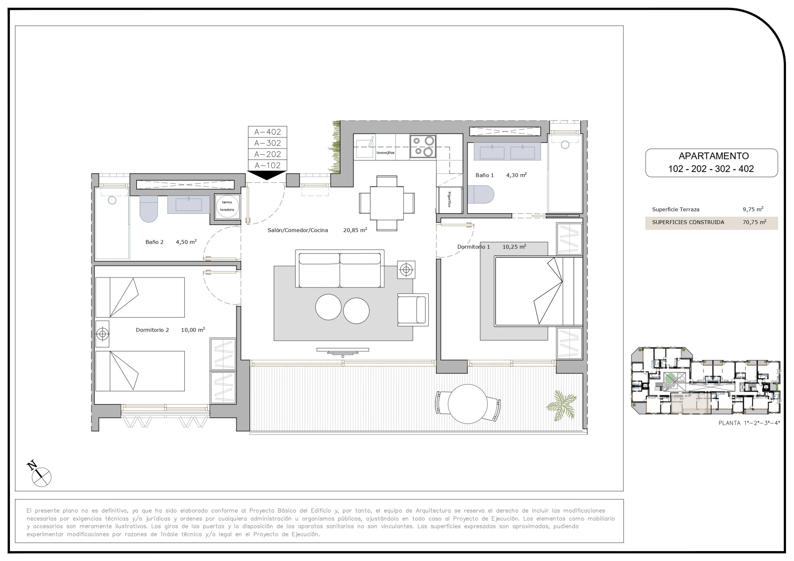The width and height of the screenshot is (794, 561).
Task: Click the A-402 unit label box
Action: pos(267,132)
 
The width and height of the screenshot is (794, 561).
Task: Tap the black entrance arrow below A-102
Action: pos(267,175)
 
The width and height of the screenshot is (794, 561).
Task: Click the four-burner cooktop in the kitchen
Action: pos(422,146)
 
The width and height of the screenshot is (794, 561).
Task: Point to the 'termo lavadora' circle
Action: pos(227,206)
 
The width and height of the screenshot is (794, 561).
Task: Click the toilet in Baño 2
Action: pos(149,209)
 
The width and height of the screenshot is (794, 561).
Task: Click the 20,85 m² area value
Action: pos(355,230)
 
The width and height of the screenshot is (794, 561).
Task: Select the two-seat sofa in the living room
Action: pos(339,268)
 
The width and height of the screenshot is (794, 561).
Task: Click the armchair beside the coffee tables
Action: pos(413,310)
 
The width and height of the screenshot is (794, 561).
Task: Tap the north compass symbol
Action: pos(39,474)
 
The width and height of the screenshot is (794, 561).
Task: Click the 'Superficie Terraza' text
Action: pos(676,210)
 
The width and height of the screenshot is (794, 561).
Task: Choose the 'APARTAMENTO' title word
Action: pos(713,156)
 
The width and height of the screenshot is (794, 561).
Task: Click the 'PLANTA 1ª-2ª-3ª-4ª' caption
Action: pos(749,432)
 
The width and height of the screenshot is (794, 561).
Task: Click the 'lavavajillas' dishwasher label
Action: pos(385,152)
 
